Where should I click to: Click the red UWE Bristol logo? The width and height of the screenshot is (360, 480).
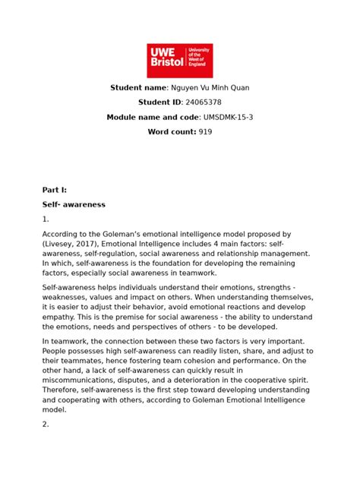point(179,60)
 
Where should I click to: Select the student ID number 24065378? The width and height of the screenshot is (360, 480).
point(204,103)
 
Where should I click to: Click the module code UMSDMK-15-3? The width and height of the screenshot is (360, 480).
point(237,117)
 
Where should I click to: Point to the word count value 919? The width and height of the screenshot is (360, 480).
point(205,131)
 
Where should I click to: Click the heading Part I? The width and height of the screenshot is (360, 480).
point(55,190)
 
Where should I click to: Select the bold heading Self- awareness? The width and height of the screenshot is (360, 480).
point(74,205)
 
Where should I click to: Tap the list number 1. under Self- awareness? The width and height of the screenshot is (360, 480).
point(46,219)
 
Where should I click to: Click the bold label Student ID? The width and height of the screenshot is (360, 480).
point(169,103)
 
